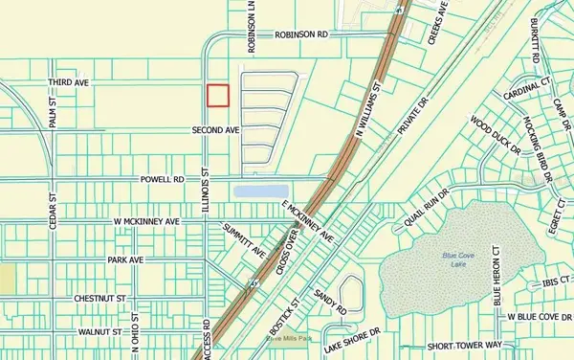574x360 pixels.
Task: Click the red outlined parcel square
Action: (x=219, y=95)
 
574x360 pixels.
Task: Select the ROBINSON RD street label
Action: (x=300, y=34)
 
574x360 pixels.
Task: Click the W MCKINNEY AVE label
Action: (x=145, y=221)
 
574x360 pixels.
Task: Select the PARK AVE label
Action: (x=124, y=259)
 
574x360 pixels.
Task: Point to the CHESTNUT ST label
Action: (x=102, y=299)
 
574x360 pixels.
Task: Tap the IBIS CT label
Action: (x=552, y=283)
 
